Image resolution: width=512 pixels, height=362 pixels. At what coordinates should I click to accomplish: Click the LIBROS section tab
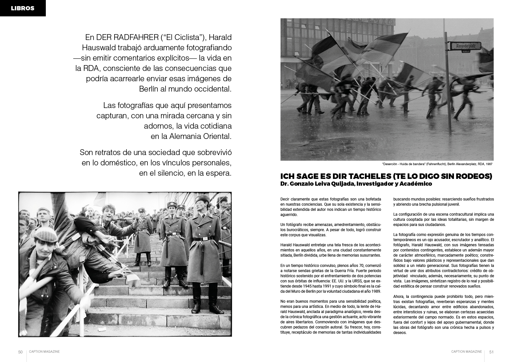pyautogui.click(x=23, y=8)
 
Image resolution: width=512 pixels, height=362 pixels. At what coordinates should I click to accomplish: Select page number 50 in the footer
pyautogui.click(x=20, y=352)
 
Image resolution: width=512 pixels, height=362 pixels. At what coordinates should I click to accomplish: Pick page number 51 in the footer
pyautogui.click(x=491, y=352)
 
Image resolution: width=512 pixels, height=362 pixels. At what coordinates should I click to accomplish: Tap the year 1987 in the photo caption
pyautogui.click(x=490, y=164)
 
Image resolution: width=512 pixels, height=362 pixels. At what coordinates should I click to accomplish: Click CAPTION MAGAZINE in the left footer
pyautogui.click(x=44, y=352)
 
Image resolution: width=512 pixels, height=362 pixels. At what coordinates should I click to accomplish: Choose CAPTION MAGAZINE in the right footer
pyautogui.click(x=467, y=352)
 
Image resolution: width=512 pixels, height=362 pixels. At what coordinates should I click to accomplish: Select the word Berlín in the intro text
pyautogui.click(x=150, y=89)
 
